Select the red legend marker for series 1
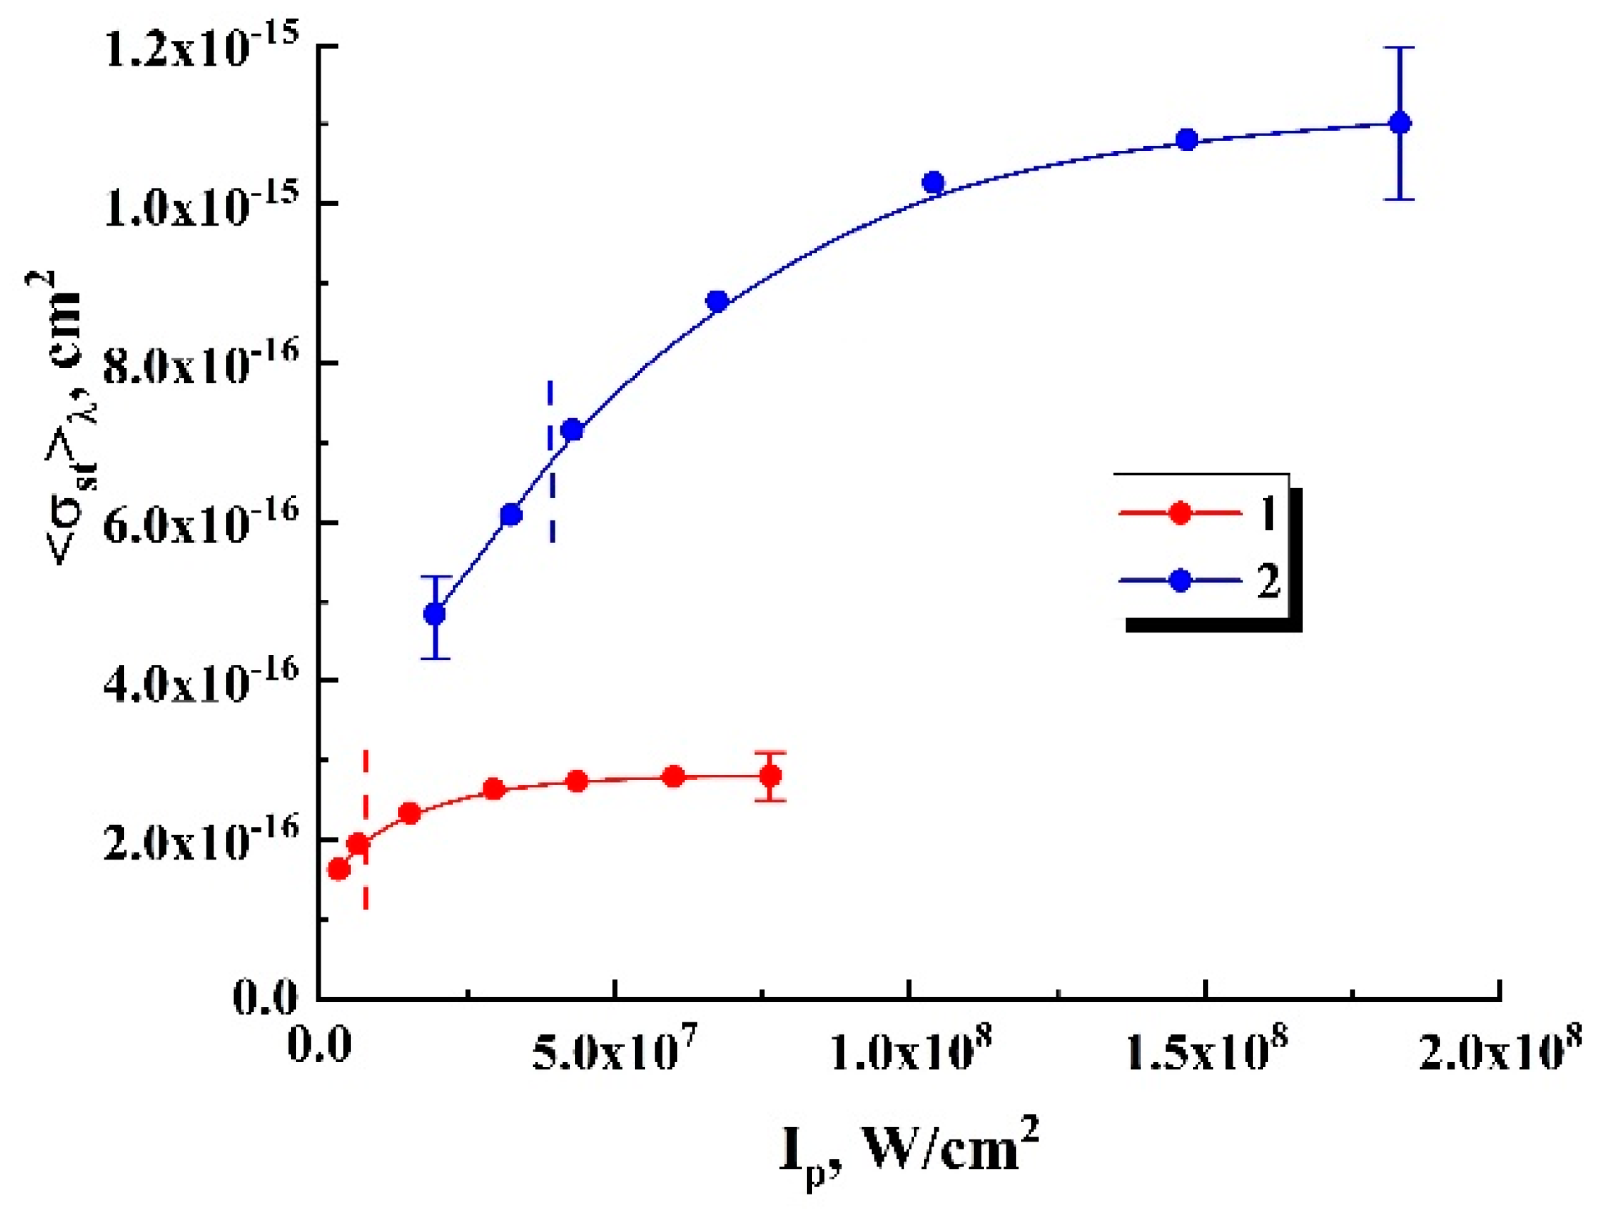coord(1180,512)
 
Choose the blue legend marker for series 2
coord(1180,580)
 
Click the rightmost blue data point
coord(1400,123)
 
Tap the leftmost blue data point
coord(435,613)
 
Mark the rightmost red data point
coord(771,776)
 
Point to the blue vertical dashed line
coord(550,460)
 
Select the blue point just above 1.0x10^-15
coord(933,182)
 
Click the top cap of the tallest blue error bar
coord(1400,47)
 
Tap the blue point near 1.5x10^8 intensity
coord(1187,140)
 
